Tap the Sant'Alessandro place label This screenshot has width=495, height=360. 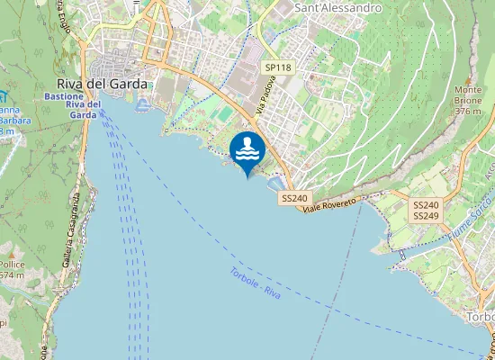point(338,8)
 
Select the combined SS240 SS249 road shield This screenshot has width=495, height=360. point(426,211)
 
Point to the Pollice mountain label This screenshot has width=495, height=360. point(12,265)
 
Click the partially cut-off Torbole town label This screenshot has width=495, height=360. point(480,318)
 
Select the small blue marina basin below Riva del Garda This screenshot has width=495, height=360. point(144,105)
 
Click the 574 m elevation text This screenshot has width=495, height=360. point(11,275)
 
